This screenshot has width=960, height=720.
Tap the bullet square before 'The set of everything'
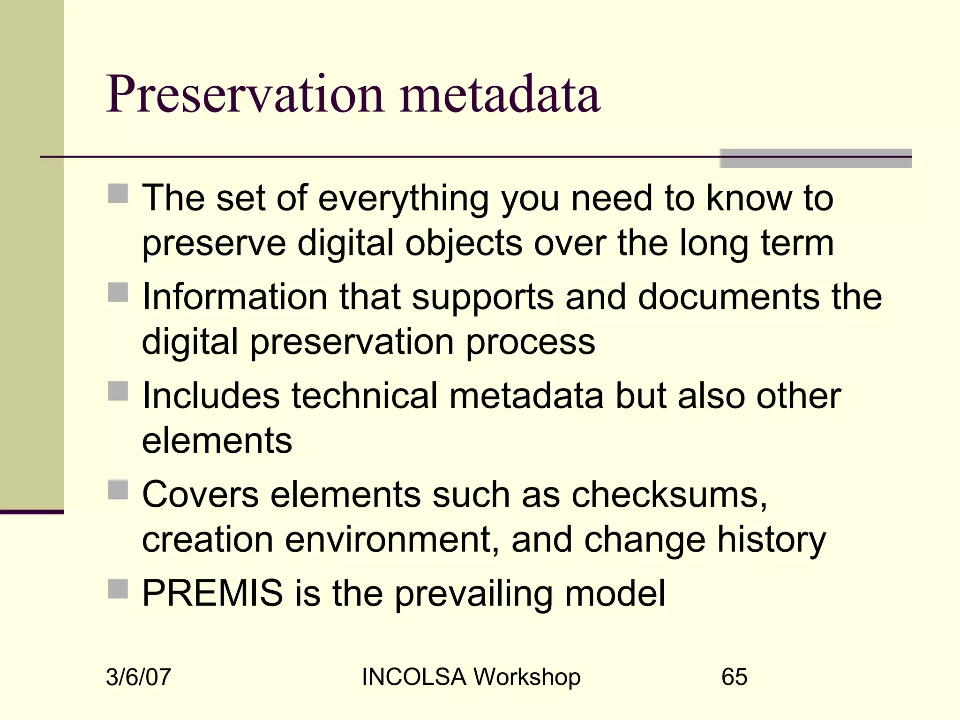[x=118, y=193]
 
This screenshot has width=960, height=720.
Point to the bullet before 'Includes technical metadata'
[x=118, y=391]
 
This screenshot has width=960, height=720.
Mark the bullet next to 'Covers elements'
[x=118, y=490]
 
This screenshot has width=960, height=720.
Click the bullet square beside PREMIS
[x=118, y=589]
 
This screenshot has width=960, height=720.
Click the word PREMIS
[x=212, y=593]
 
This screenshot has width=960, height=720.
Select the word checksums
[x=669, y=495]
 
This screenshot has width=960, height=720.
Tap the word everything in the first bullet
[x=404, y=199]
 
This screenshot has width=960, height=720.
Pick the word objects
[x=464, y=244]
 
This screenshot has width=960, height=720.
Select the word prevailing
[x=474, y=594]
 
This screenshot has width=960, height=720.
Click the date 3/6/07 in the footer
[x=138, y=677]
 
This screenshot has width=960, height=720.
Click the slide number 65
[x=734, y=677]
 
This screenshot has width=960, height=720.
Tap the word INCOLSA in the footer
[x=414, y=677]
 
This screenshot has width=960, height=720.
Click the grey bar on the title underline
[x=816, y=158]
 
